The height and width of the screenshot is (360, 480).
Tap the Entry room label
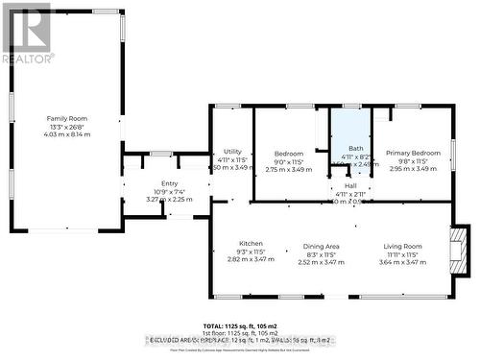coord(170,183)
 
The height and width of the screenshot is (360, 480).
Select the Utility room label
coord(231,152)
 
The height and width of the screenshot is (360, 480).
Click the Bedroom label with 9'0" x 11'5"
coord(290,153)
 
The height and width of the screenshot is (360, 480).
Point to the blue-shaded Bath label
coord(355,148)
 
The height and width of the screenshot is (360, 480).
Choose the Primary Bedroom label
coord(413,153)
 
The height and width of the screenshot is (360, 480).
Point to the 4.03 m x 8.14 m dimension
coord(67,135)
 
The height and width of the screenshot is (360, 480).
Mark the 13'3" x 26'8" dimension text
coord(67,126)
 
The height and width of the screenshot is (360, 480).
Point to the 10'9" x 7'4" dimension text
coord(170,191)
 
